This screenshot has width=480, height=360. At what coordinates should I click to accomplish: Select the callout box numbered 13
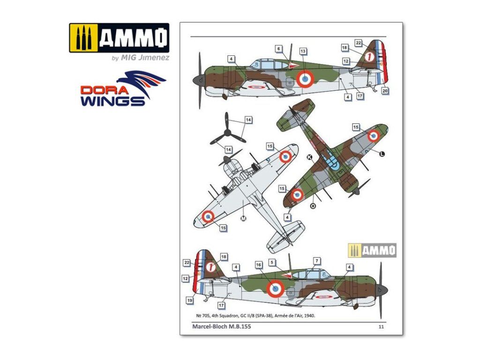[303, 51]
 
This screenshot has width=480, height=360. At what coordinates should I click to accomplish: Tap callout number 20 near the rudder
[385, 90]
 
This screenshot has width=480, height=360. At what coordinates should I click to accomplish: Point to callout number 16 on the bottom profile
[259, 265]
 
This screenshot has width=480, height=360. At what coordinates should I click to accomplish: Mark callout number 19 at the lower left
[189, 300]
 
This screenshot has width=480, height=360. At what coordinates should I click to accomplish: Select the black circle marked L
[382, 154]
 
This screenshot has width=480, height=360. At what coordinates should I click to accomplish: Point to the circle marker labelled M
[243, 218]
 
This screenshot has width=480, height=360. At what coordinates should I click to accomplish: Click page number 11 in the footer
[381, 327]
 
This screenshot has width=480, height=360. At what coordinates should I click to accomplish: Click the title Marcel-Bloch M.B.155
[221, 327]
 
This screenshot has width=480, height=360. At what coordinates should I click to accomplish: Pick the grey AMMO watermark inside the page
[373, 250]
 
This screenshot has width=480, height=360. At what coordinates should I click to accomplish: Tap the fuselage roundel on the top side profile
[305, 79]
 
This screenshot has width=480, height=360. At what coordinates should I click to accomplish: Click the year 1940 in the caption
[309, 316]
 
